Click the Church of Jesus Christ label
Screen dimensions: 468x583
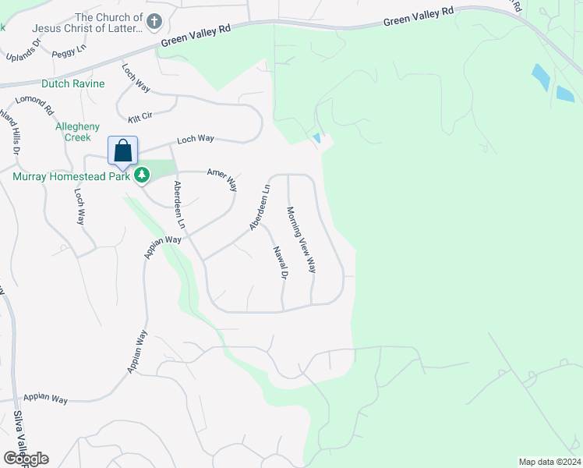pos(87,23)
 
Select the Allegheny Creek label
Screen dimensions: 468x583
pos(77,131)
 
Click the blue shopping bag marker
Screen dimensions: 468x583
pos(123,150)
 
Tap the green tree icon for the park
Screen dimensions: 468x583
pos(142,175)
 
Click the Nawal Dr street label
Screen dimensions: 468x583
pos(281,262)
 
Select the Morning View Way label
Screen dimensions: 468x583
pos(301,239)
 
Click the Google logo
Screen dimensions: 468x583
pos(26,459)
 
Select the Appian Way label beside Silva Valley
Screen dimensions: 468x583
pos(44,398)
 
